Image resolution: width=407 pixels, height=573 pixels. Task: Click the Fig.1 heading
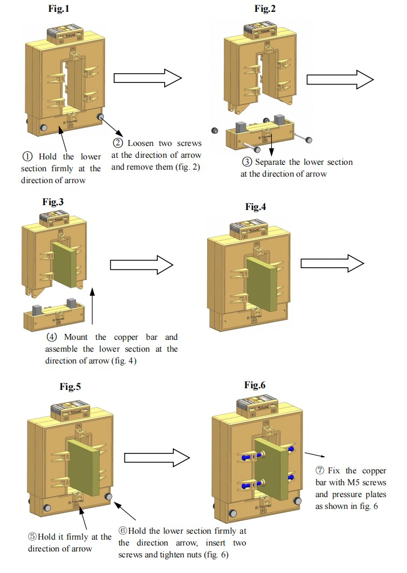59,9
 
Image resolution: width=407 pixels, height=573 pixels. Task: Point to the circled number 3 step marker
246,162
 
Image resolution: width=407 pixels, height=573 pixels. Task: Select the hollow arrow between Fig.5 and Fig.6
157,458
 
